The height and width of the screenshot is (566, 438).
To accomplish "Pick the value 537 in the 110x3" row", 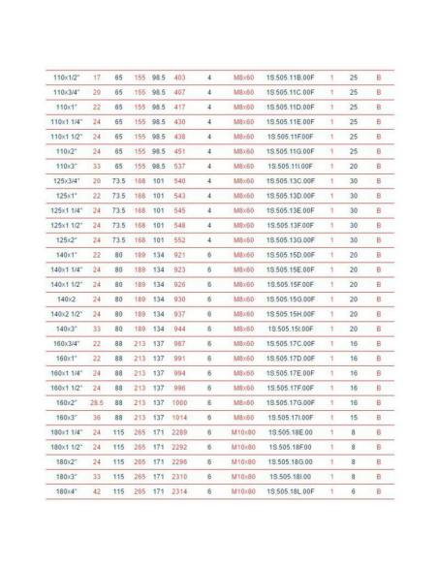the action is pos(179,166).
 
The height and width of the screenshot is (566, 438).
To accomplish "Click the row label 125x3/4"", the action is pos(66,181).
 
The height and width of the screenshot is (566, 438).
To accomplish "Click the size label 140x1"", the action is pos(66,255).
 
